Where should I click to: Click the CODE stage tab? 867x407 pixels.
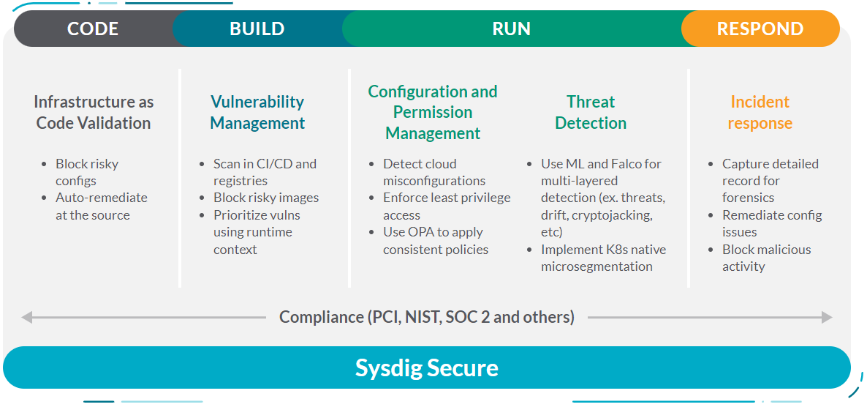point(93,29)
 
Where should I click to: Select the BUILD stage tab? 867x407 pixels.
point(257,29)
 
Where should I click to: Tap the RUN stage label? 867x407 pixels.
point(512,29)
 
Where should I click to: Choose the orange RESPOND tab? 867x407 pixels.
point(760,29)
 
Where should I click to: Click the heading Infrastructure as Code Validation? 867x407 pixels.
point(94,113)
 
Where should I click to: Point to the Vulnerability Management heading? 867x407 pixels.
point(257,113)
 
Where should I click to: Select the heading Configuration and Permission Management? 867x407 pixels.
point(433,113)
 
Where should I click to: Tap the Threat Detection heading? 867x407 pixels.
point(591,113)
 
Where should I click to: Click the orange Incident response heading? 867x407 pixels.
point(760,113)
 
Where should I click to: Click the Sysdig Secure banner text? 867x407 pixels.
point(426,368)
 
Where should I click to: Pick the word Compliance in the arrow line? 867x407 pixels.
point(321,318)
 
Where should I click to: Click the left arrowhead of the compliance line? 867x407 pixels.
point(26,317)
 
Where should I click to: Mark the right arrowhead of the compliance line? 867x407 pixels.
point(828,317)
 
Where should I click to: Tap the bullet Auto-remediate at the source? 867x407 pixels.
point(102,206)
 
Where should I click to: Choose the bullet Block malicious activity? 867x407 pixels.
point(766,258)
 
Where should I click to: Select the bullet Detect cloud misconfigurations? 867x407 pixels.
point(434,173)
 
